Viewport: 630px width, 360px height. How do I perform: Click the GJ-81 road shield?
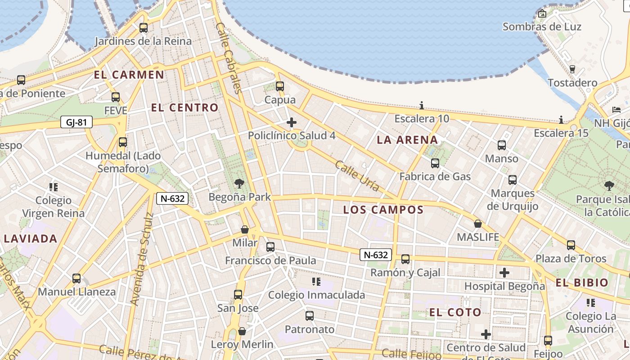point(76,122)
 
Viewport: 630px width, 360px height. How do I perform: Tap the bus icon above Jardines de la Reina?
point(144,27)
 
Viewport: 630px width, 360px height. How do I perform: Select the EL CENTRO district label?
point(184,108)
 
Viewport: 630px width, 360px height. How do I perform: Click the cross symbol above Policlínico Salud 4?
point(292,122)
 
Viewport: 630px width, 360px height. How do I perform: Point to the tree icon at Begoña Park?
point(239,183)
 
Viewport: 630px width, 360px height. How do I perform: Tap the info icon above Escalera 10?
point(422,106)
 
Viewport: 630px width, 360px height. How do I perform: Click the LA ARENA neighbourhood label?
point(407,140)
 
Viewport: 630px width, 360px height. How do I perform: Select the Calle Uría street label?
point(357,176)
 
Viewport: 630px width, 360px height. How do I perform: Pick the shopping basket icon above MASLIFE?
point(478,224)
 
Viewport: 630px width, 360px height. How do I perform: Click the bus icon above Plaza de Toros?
point(571,245)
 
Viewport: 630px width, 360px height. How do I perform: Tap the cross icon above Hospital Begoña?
point(504,273)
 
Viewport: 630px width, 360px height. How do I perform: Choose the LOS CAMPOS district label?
point(383,210)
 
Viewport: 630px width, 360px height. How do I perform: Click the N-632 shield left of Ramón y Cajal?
point(376,255)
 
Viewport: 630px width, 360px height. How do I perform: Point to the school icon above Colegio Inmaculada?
point(316,282)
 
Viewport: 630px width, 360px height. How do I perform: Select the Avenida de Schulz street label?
point(142,259)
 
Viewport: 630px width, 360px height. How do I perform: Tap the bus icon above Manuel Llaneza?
point(76,278)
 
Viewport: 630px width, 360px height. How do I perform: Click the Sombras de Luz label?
point(542,27)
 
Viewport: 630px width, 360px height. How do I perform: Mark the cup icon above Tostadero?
point(572,69)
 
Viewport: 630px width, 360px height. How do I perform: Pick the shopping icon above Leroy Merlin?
point(242,331)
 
